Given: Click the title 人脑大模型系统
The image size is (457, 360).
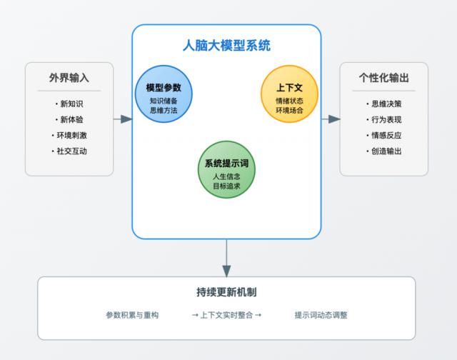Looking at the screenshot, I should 226,47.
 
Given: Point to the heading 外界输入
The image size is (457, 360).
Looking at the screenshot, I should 69,77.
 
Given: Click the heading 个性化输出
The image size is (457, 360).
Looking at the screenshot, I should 383,77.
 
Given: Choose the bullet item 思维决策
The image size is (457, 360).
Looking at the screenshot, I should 385,104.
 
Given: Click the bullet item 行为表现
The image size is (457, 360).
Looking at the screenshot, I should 385,119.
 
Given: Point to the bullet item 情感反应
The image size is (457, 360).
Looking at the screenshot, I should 385,135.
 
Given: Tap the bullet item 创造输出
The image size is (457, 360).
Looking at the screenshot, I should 385,151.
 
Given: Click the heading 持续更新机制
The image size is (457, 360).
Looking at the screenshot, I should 226,292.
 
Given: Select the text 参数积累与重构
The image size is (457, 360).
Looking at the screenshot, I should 132,315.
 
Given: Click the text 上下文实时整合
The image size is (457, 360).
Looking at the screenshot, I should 226,315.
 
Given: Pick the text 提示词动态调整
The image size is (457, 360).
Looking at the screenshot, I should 321,315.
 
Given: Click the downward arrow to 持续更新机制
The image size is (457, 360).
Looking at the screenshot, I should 226,258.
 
